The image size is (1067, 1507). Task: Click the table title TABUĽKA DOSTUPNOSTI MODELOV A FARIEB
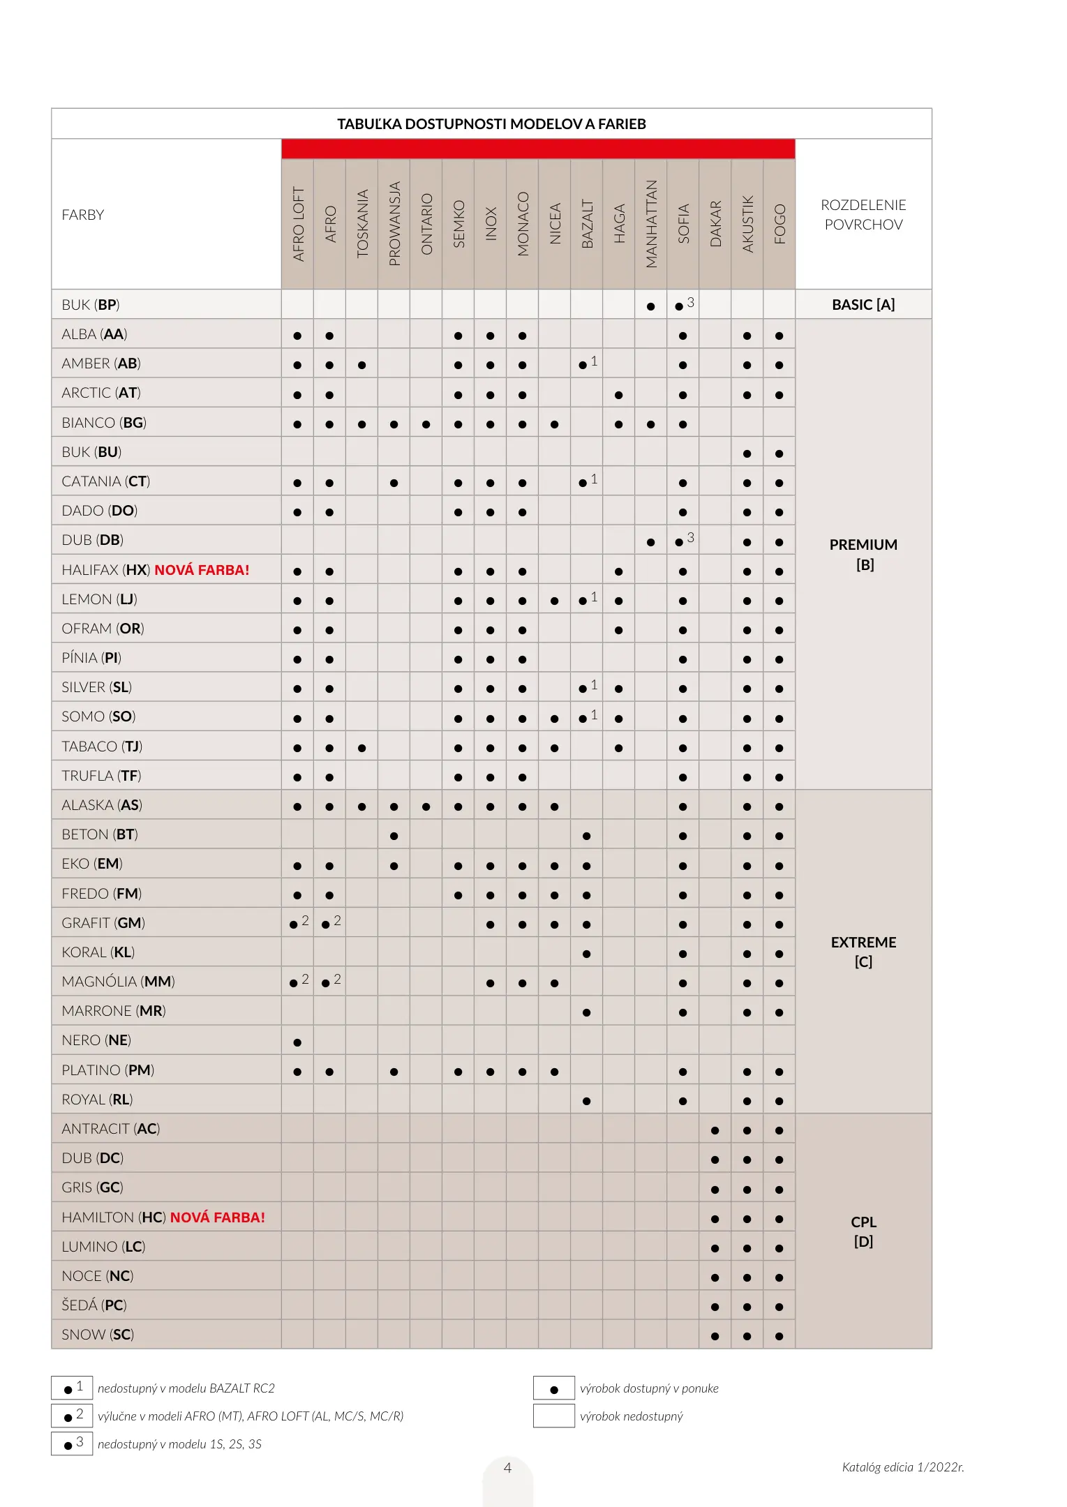click(x=491, y=124)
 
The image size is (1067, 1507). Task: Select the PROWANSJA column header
click(x=394, y=223)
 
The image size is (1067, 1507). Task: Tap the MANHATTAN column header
click(x=651, y=223)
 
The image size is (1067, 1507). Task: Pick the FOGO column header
click(x=779, y=223)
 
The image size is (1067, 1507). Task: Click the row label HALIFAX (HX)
click(x=105, y=570)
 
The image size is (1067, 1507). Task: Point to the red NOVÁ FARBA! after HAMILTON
click(x=218, y=1217)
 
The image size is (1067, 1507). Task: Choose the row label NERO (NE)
click(x=96, y=1040)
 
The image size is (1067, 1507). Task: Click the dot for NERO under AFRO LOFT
click(x=297, y=1042)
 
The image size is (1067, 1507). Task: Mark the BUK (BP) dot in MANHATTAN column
click(x=650, y=306)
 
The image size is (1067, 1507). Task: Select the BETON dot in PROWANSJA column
click(x=394, y=836)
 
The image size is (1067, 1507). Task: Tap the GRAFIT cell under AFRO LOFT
click(x=298, y=923)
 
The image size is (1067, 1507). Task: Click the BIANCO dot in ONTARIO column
click(x=426, y=424)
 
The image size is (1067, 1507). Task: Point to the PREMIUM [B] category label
click(x=863, y=554)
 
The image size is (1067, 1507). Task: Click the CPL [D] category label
click(x=863, y=1231)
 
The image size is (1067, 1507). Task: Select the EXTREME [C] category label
click(x=863, y=952)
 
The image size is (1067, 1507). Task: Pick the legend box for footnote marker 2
click(x=72, y=1416)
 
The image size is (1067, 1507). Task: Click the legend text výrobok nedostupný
click(x=631, y=1416)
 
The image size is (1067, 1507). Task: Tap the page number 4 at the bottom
click(x=507, y=1468)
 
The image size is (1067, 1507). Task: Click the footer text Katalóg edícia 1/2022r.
click(x=903, y=1467)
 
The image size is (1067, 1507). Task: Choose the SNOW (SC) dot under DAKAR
click(x=715, y=1337)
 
